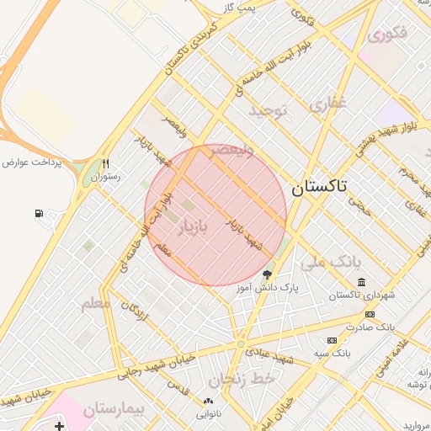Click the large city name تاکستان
320,189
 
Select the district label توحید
269,110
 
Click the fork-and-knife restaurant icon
105,164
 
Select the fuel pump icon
40,214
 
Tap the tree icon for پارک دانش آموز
268,274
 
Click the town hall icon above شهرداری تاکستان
361,282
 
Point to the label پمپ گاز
239,8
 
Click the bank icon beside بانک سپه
332,340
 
